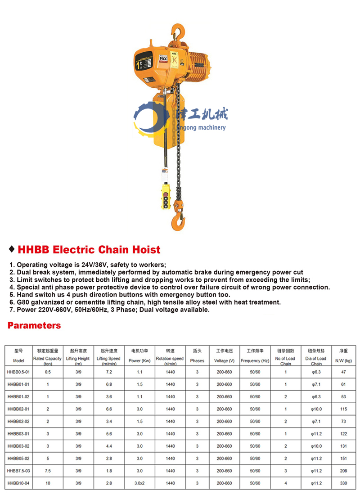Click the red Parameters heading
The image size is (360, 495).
pos(34,325)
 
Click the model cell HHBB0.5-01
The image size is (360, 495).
pos(18,372)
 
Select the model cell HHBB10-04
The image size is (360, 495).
pos(18,483)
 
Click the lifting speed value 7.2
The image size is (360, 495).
pos(108,372)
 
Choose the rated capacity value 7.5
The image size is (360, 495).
pos(47,471)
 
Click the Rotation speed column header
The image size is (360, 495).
pos(170,360)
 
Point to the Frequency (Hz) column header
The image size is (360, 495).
pos(255,360)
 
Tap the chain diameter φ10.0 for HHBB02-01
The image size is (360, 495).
pos(316,409)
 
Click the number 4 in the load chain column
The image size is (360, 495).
pos(285,483)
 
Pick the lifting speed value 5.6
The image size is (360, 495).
pos(108,434)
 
